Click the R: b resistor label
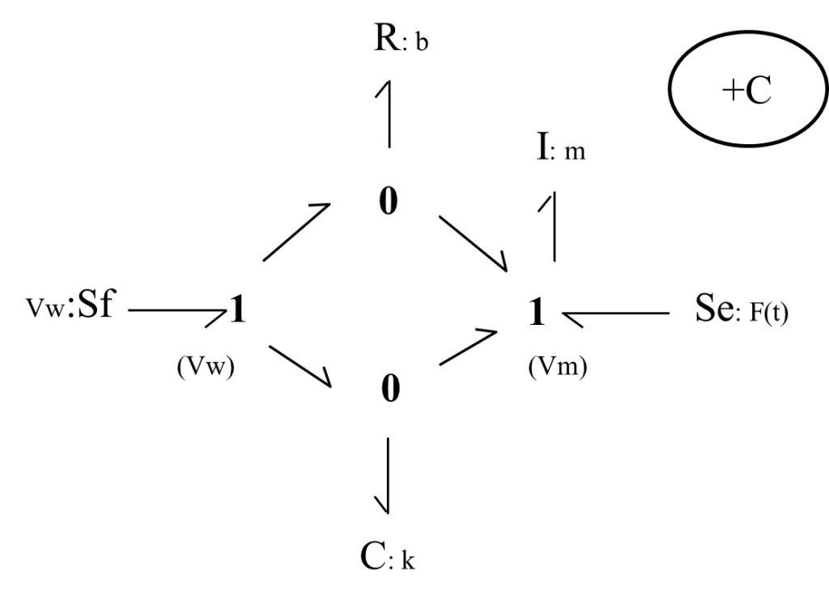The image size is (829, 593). click(x=401, y=39)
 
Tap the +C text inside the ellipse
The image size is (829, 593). click(x=746, y=89)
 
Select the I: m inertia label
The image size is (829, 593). click(x=561, y=147)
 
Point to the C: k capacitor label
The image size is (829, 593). click(x=388, y=557)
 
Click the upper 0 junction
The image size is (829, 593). click(x=389, y=201)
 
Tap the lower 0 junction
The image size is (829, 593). click(x=390, y=388)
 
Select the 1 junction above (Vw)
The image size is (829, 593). click(x=238, y=309)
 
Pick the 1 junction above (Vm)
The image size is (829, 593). click(x=537, y=312)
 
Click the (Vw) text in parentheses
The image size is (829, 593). click(x=206, y=366)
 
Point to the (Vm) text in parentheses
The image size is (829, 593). click(x=558, y=366)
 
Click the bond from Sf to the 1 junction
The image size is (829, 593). click(x=177, y=311)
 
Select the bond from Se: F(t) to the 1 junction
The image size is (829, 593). click(x=616, y=314)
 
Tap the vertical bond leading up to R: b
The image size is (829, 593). click(x=389, y=113)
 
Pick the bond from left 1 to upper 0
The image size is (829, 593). click(x=296, y=232)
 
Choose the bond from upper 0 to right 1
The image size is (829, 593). click(x=473, y=243)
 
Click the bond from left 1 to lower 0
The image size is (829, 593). click(x=300, y=366)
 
